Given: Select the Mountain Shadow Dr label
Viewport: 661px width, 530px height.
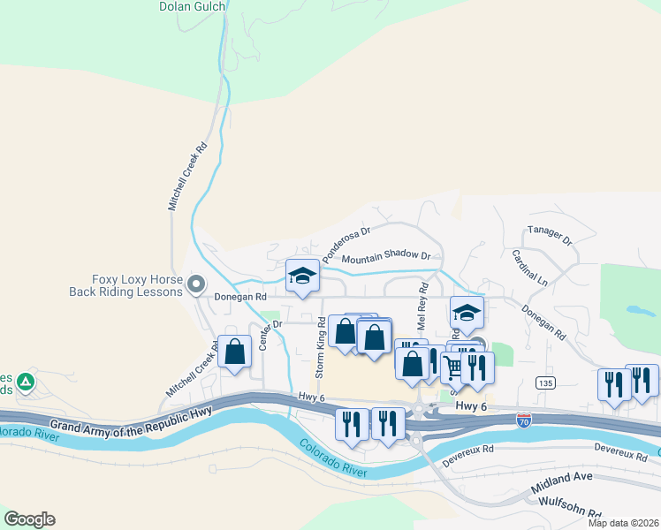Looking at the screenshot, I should (385, 258).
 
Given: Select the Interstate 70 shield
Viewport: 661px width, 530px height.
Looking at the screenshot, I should (524, 420).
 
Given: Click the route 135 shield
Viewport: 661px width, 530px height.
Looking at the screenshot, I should (544, 382).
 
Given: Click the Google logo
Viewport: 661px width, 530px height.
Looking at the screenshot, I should (29, 519).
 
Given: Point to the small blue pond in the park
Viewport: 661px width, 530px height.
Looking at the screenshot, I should (634, 311).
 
